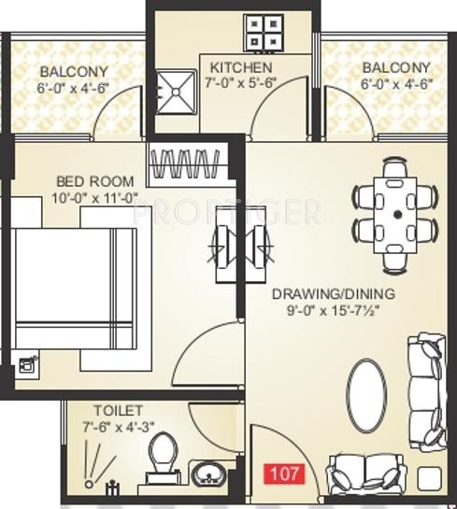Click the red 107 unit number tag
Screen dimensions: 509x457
285,473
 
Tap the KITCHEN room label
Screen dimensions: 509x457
241,68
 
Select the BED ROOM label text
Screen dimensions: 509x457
94,181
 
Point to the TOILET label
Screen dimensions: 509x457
118,411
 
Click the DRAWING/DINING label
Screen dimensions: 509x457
333,294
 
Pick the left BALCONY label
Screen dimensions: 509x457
74,71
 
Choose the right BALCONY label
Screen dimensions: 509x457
396,67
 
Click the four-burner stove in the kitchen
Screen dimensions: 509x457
264,32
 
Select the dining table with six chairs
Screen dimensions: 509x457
396,211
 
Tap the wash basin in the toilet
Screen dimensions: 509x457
208,474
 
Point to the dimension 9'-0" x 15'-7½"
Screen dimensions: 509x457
334,312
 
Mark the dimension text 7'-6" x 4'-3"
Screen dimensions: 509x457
119,428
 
